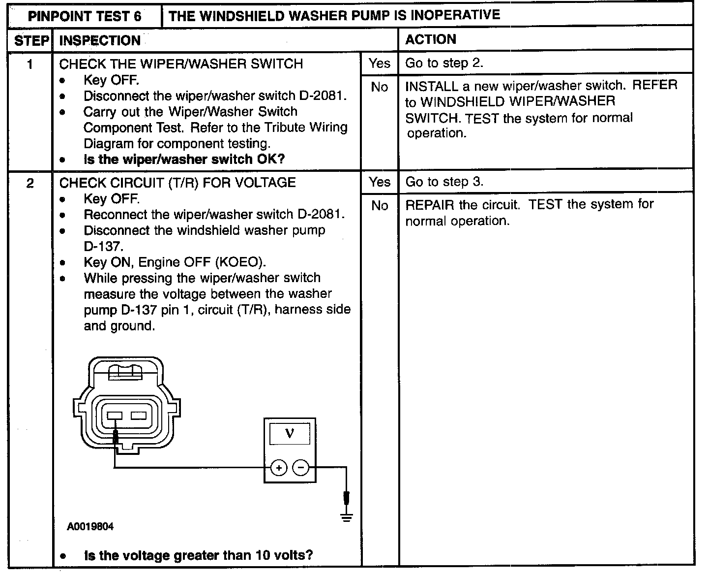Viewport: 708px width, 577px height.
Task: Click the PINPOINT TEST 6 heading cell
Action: point(85,16)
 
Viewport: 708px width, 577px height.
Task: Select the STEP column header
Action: point(31,40)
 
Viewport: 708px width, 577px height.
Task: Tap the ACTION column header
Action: point(431,39)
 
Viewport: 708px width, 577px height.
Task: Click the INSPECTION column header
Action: point(100,40)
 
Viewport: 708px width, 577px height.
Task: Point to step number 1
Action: point(30,64)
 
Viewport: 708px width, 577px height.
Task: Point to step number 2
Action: point(30,184)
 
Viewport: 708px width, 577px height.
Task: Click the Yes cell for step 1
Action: point(380,63)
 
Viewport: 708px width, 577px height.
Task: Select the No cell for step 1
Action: point(380,87)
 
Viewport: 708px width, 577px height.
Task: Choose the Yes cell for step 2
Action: point(380,182)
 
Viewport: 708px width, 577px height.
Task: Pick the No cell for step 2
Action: point(380,206)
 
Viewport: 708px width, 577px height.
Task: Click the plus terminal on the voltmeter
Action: point(278,468)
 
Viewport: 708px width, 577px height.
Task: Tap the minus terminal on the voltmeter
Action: point(301,468)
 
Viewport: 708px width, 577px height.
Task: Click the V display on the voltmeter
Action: point(290,433)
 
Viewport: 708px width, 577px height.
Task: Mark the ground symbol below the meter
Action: point(347,517)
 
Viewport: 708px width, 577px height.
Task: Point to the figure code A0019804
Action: point(90,527)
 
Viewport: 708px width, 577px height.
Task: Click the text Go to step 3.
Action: point(444,182)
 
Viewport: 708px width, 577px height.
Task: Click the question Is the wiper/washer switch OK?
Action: point(184,159)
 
